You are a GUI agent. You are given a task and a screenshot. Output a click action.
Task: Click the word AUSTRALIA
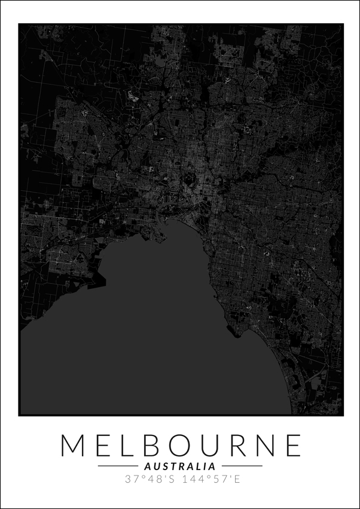click(180, 466)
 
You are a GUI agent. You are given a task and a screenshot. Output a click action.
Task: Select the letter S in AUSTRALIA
click(163, 466)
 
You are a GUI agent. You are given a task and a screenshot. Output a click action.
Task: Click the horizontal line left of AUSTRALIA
click(118, 466)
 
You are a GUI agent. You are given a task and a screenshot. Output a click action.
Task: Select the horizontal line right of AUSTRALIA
click(242, 466)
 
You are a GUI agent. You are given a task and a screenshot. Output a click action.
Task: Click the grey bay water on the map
click(150, 347)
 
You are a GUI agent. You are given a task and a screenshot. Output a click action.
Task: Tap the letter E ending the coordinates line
click(236, 479)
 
